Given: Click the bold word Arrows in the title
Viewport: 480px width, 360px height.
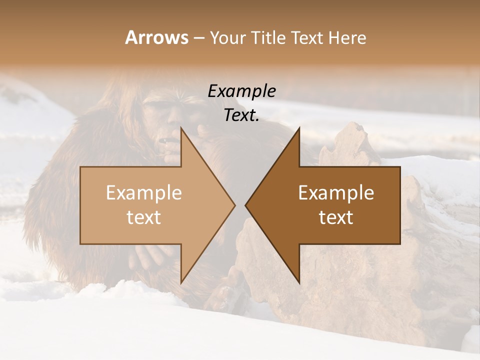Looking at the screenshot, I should pyautogui.click(x=156, y=37).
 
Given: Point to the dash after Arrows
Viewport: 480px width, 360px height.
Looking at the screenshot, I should pyautogui.click(x=198, y=38).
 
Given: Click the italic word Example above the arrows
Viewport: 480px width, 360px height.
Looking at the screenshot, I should pyautogui.click(x=241, y=91).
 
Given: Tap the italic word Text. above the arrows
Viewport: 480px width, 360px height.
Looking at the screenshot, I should pyautogui.click(x=241, y=115).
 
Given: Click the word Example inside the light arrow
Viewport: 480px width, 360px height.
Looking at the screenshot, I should pyautogui.click(x=144, y=193).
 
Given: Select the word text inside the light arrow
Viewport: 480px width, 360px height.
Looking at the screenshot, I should pyautogui.click(x=144, y=217).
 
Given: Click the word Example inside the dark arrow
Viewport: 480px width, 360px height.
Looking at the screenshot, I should pyautogui.click(x=336, y=193).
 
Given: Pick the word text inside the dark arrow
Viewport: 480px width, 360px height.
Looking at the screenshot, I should pyautogui.click(x=336, y=217).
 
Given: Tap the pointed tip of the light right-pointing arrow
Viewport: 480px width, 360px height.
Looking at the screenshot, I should pyautogui.click(x=234, y=205).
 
